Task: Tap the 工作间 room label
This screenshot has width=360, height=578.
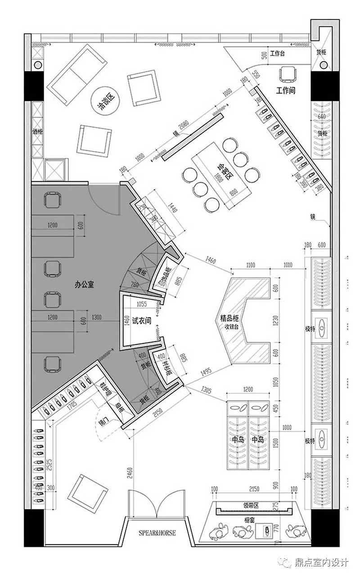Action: click(x=286, y=90)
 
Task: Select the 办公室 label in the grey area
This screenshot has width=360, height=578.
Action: click(x=84, y=284)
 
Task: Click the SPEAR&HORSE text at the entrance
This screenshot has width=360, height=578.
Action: click(x=157, y=533)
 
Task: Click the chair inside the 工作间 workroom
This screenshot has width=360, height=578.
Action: click(x=287, y=74)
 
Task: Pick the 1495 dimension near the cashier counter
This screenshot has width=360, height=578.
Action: click(x=205, y=372)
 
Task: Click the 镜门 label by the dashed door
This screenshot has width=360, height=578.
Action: click(x=103, y=423)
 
